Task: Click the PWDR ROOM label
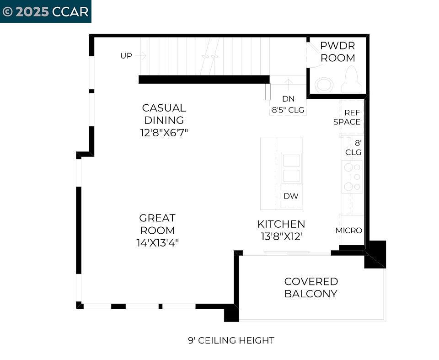[337, 52]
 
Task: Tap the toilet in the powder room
[352, 80]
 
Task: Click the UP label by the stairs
[126, 56]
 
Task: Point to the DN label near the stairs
[288, 98]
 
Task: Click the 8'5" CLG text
[288, 110]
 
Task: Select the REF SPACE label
[347, 117]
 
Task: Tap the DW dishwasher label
[291, 196]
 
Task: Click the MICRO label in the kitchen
[349, 231]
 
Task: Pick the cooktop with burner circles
[352, 177]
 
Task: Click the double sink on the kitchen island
[291, 168]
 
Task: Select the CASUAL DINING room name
[164, 114]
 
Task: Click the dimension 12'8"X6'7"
[164, 133]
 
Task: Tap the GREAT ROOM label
[157, 224]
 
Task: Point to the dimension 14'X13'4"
[157, 243]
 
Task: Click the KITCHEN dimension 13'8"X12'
[281, 236]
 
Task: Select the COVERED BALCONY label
[311, 287]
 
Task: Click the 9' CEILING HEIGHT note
[231, 340]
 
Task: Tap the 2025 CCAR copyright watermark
[45, 11]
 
